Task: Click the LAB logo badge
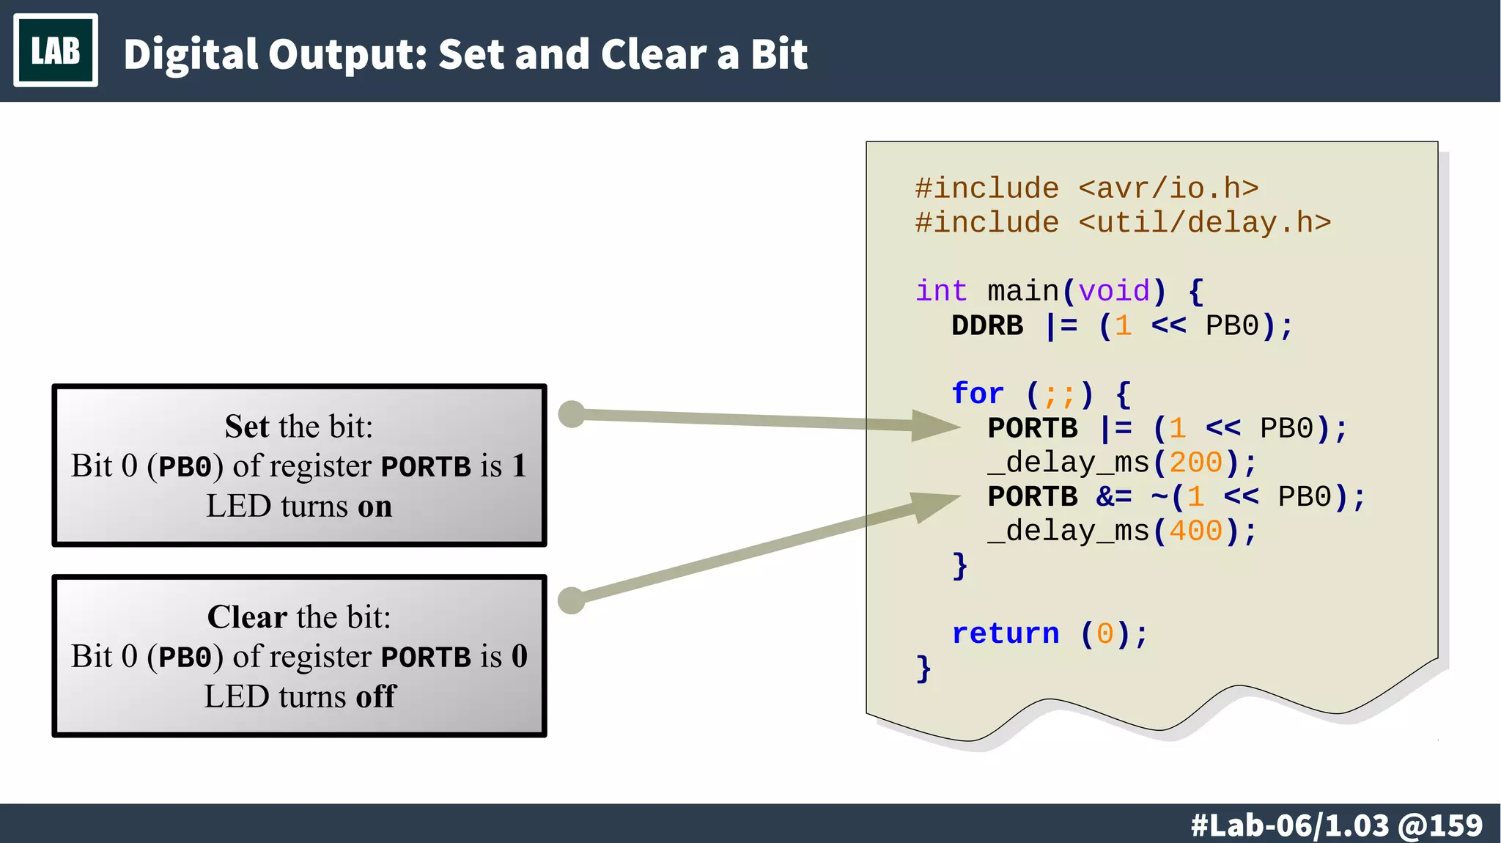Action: click(56, 51)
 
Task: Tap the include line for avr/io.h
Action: click(1086, 188)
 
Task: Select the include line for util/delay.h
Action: click(1122, 222)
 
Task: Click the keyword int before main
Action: click(941, 291)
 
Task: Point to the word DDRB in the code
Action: click(986, 325)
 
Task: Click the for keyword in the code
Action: click(977, 394)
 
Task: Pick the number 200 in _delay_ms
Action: click(1195, 463)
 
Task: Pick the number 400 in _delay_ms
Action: click(1195, 531)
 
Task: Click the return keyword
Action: click(1005, 633)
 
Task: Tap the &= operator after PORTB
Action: click(1113, 497)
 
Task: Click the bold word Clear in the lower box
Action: click(246, 617)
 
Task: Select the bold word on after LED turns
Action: click(374, 507)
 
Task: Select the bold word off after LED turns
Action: click(375, 696)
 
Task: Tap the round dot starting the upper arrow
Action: click(572, 414)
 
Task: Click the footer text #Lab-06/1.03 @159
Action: click(1336, 825)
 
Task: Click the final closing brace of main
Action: click(923, 669)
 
